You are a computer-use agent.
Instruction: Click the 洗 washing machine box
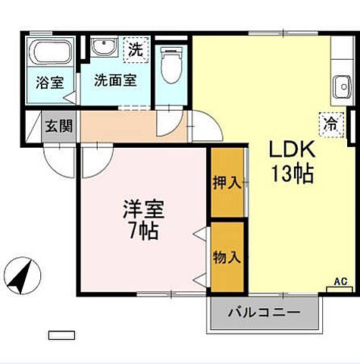pyautogui.click(x=135, y=50)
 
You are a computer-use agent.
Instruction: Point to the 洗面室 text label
pyautogui.click(x=114, y=80)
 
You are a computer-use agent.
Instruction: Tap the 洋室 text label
pyautogui.click(x=144, y=206)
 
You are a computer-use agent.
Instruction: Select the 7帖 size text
pyautogui.click(x=142, y=230)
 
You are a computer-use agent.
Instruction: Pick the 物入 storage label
pyautogui.click(x=227, y=256)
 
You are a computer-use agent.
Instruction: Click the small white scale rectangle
pyautogui.click(x=62, y=334)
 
